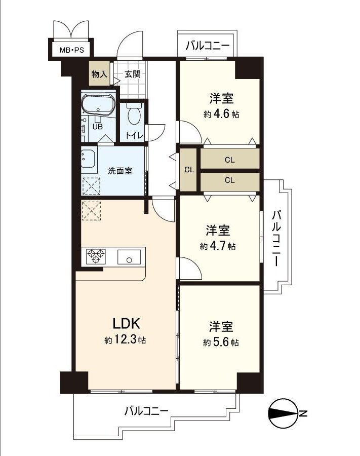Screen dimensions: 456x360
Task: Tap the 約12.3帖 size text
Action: tap(125, 340)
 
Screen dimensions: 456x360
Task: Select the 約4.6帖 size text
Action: tap(222, 115)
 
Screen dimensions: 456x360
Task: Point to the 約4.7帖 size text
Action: tap(218, 246)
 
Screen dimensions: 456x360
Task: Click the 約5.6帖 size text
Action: tap(221, 343)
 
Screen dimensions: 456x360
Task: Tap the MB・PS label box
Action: tap(72, 50)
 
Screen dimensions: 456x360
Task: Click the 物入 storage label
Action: tap(99, 74)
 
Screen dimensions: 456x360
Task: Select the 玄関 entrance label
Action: tap(132, 74)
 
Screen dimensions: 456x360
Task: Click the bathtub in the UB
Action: tap(99, 105)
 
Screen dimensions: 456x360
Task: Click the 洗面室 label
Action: tap(120, 171)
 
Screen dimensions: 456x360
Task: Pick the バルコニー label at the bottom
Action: tap(147, 410)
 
